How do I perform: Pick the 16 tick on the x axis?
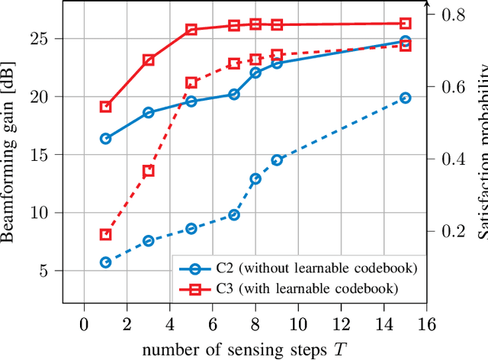tap(427, 325)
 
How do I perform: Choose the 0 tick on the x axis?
tap(85, 325)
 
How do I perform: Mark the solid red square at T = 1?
tap(106, 107)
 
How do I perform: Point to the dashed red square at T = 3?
tap(149, 171)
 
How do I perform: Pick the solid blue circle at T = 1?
tap(106, 139)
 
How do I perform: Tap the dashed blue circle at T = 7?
tap(234, 215)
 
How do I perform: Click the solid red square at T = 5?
tap(191, 30)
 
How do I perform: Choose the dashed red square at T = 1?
tap(106, 235)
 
